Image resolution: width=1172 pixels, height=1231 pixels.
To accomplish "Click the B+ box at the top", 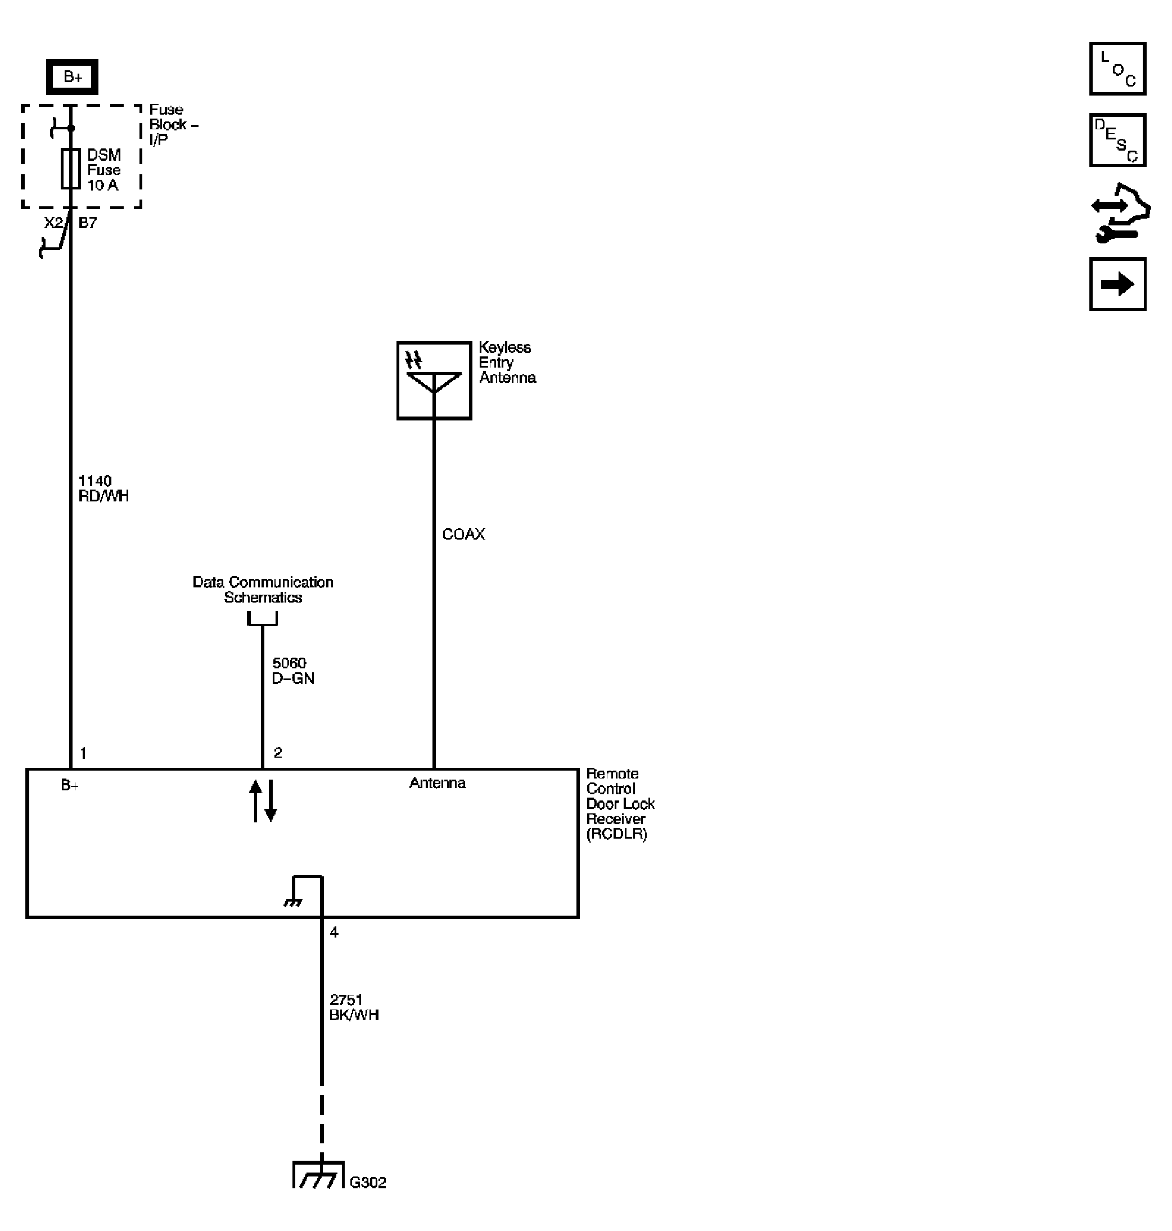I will coord(72,77).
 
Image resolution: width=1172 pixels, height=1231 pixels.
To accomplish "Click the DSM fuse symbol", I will coord(71,169).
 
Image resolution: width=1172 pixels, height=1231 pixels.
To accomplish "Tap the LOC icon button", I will coord(1117,69).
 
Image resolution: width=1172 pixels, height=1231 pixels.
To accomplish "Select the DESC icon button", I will coord(1117,140).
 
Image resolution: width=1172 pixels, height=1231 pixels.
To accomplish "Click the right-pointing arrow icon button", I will coord(1117,284).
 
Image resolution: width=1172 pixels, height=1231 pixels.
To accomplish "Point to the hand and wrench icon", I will coord(1121,213).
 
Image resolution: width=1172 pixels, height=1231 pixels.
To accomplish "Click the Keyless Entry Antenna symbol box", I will coord(434,381).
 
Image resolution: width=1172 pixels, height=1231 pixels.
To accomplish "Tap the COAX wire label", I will coord(463,534).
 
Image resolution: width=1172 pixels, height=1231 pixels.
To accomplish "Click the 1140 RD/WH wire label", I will coord(103,488).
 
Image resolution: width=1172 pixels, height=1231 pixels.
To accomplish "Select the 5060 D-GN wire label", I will coord(292,671).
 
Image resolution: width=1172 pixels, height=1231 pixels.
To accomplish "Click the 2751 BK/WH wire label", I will coord(354,1007).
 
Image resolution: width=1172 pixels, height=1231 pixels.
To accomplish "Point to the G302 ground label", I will coord(367,1183).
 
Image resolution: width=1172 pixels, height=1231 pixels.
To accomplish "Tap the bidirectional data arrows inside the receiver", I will coord(263,800).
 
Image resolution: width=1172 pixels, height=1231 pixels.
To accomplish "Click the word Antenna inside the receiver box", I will coord(438,783).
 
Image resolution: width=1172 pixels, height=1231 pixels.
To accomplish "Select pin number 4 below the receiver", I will coord(334,933).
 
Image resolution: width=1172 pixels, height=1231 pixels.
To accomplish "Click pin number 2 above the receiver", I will coord(278,753).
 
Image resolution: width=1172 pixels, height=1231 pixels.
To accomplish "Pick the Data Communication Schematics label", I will coord(263,590).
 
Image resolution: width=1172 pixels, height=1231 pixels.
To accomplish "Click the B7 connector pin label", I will coord(88,223).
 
